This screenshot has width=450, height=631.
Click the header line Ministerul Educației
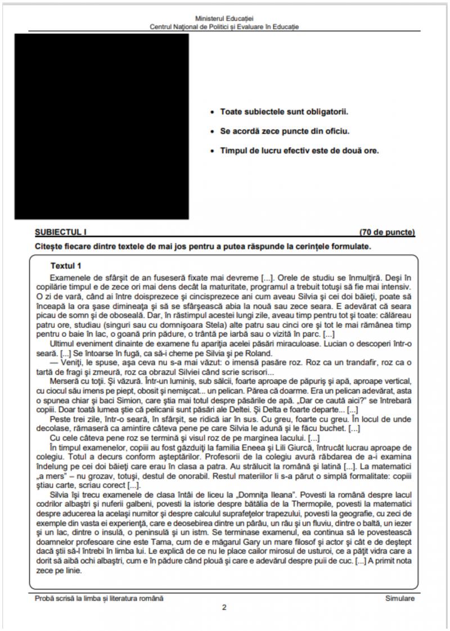pyautogui.click(x=224, y=19)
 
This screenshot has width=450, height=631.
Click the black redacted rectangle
pyautogui.click(x=102, y=126)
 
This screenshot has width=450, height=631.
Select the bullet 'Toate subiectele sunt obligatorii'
pyautogui.click(x=284, y=112)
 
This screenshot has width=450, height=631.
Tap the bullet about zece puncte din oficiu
pyautogui.click(x=285, y=132)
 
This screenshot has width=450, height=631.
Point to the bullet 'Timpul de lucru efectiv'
pyautogui.click(x=299, y=151)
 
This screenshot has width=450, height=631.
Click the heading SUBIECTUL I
pyautogui.click(x=61, y=232)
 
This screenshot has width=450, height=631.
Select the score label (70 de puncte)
pyautogui.click(x=387, y=232)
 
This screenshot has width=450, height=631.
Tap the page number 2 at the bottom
pyautogui.click(x=224, y=607)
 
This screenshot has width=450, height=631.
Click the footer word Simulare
pyautogui.click(x=400, y=598)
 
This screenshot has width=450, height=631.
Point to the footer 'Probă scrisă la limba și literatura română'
pyautogui.click(x=99, y=598)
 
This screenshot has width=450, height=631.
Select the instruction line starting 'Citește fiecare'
pyautogui.click(x=202, y=246)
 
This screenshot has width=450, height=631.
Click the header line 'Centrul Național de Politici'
pyautogui.click(x=224, y=26)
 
